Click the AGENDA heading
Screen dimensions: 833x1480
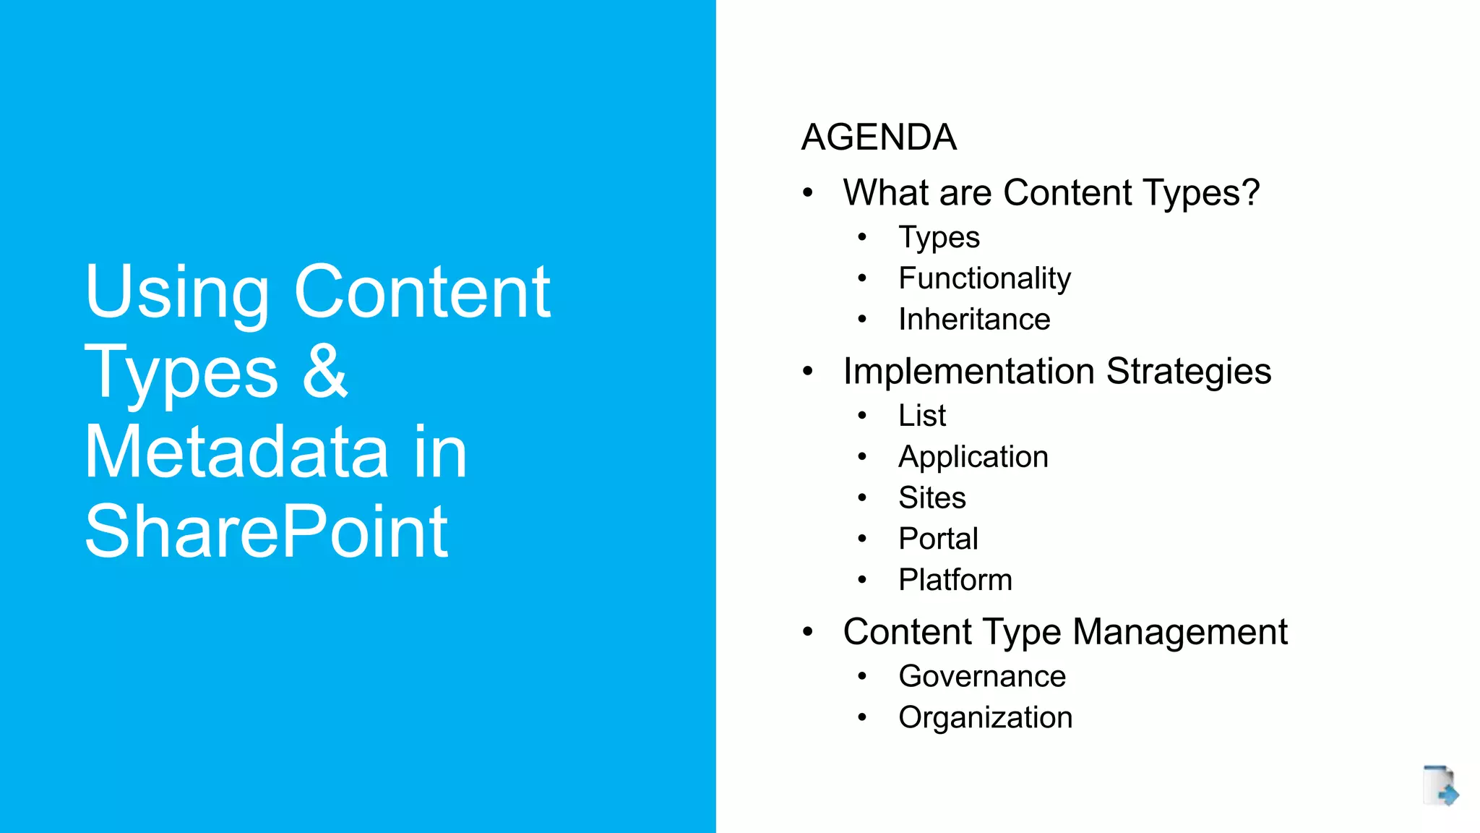click(x=879, y=137)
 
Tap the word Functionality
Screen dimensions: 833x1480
click(x=984, y=278)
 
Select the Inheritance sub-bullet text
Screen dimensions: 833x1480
click(x=974, y=320)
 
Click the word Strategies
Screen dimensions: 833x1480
click(x=1188, y=372)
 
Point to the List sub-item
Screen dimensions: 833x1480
click(x=922, y=416)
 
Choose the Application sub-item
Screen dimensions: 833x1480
click(x=973, y=457)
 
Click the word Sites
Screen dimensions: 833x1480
click(x=932, y=498)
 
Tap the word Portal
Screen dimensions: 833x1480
click(x=938, y=539)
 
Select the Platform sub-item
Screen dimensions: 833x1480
click(x=955, y=580)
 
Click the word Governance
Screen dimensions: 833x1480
click(x=982, y=677)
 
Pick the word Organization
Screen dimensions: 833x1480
click(x=985, y=718)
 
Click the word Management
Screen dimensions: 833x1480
click(x=1179, y=632)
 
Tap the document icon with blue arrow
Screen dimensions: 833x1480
click(x=1440, y=785)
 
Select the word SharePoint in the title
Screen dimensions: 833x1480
click(x=266, y=532)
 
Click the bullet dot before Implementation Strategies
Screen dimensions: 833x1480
click(x=808, y=372)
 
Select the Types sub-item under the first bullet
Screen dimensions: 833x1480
click(x=939, y=238)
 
